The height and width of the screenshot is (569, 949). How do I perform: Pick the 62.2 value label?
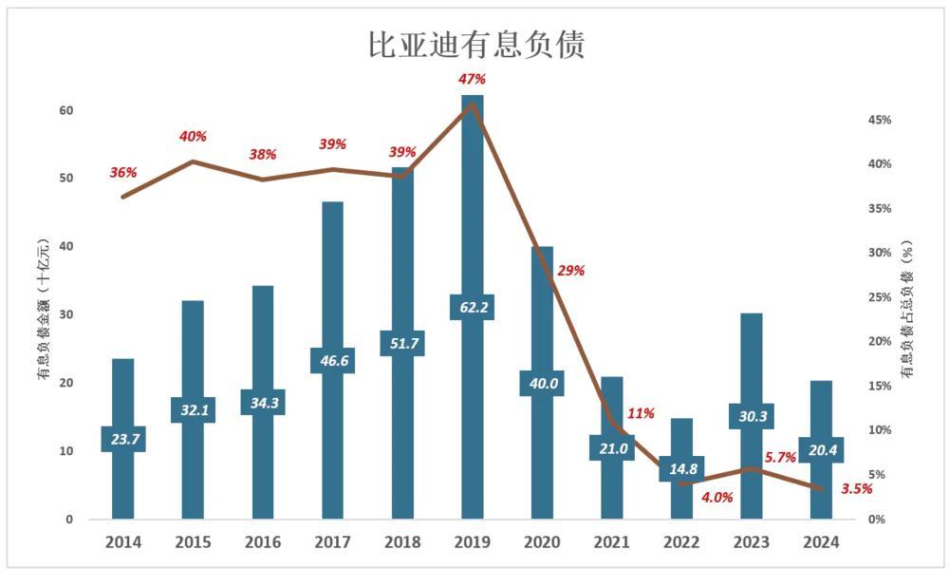(473, 307)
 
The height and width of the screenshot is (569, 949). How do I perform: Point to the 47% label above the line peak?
(473, 79)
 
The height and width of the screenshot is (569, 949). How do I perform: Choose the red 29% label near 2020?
(571, 270)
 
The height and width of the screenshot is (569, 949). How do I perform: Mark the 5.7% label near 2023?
(779, 457)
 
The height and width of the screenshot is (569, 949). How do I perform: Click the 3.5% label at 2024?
(857, 488)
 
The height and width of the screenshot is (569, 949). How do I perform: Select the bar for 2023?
(752, 380)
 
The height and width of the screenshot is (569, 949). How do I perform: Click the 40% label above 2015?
(193, 137)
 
